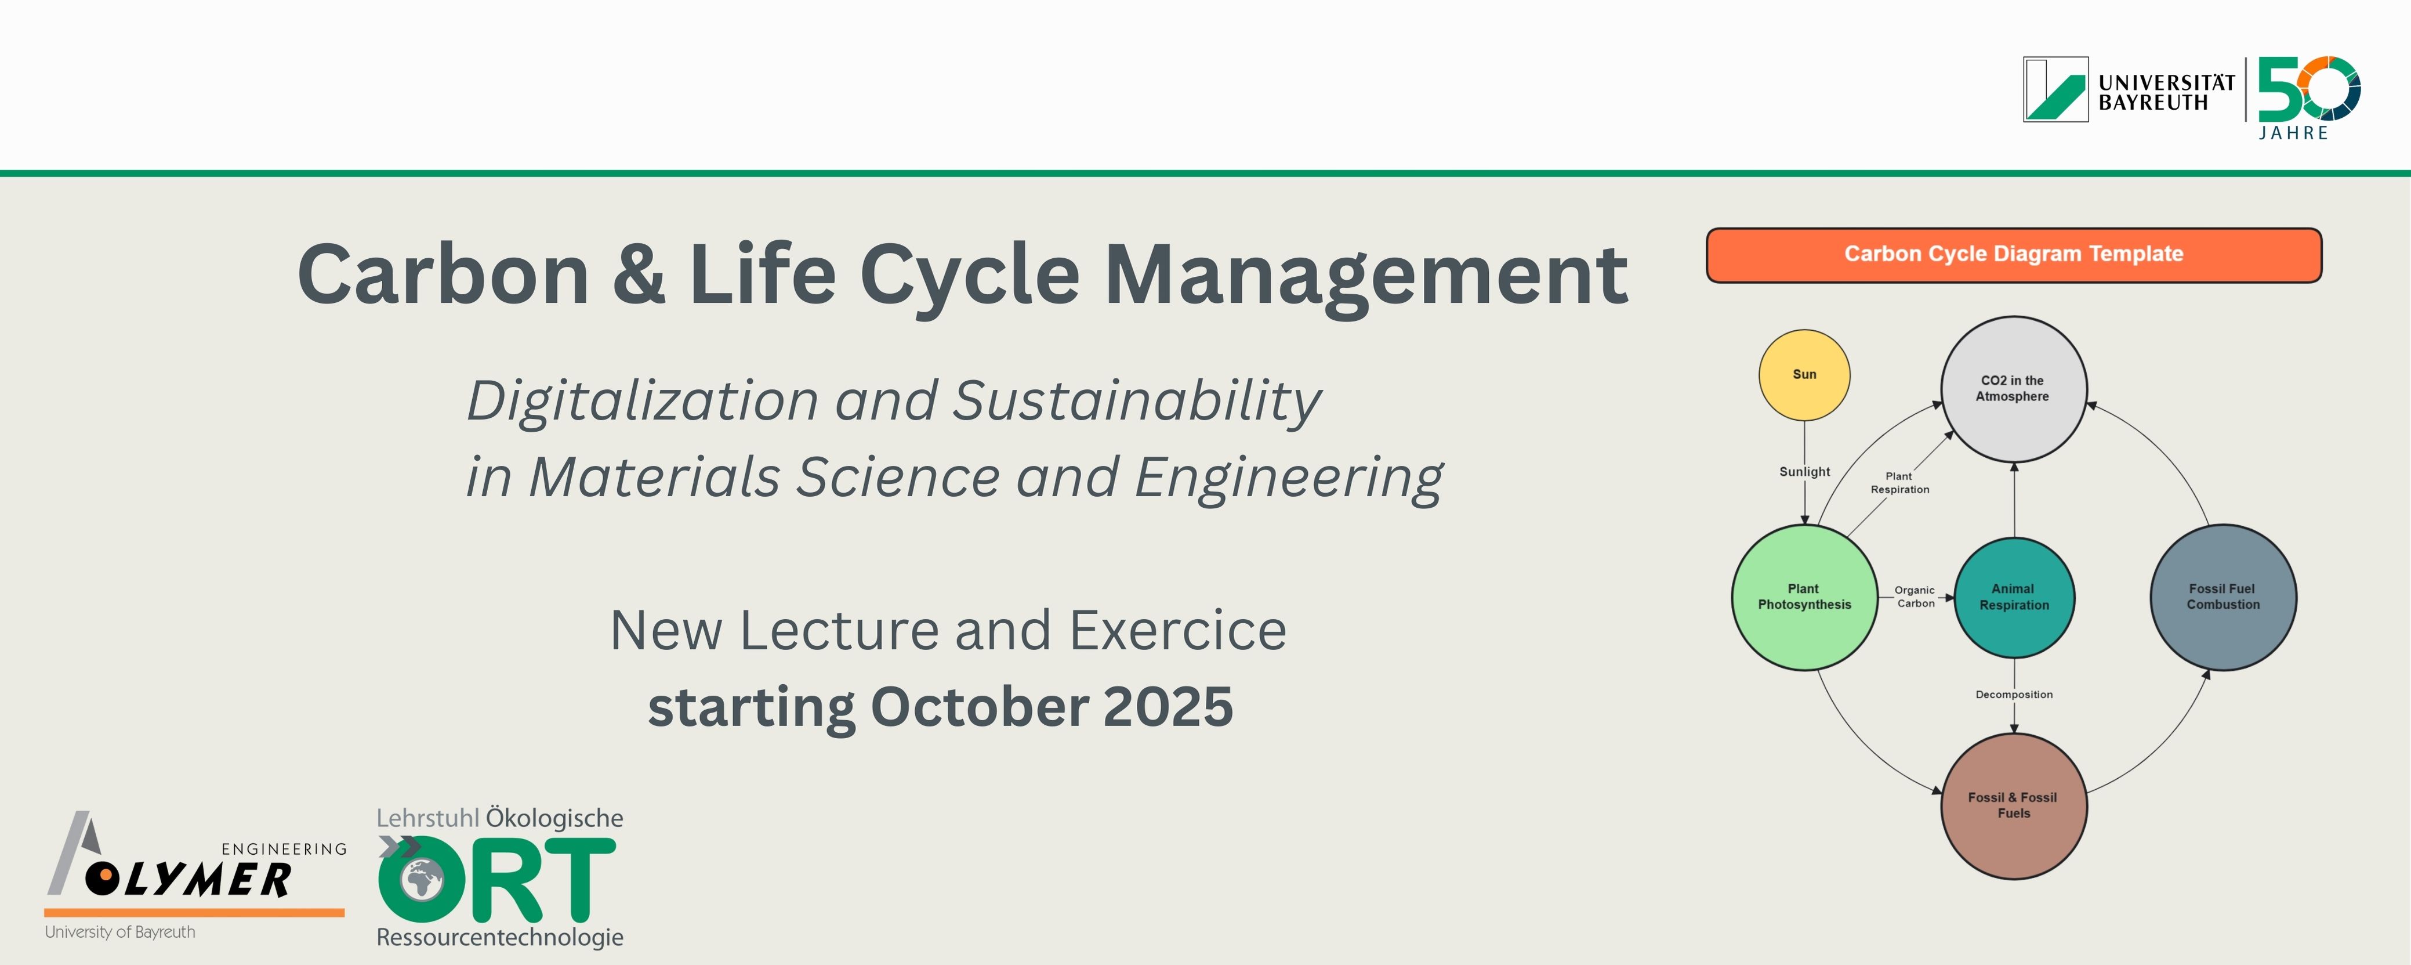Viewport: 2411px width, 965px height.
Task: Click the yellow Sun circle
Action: tap(1804, 374)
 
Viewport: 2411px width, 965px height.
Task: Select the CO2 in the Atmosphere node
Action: tap(2013, 388)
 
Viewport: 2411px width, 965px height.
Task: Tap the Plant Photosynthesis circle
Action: tap(1804, 597)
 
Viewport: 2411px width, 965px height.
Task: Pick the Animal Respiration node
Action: tap(2014, 597)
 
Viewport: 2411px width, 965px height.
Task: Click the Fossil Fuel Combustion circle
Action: tap(2223, 597)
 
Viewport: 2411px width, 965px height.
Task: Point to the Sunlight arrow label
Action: tap(1804, 472)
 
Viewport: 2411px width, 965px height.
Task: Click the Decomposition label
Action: tap(2014, 695)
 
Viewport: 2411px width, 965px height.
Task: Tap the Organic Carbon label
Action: tap(1915, 597)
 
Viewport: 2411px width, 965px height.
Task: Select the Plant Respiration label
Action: tap(1900, 483)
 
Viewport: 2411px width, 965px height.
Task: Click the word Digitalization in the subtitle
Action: tap(643, 403)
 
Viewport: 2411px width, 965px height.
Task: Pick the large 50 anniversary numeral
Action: tap(2309, 88)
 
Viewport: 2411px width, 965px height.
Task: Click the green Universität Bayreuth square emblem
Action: tap(2055, 89)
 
